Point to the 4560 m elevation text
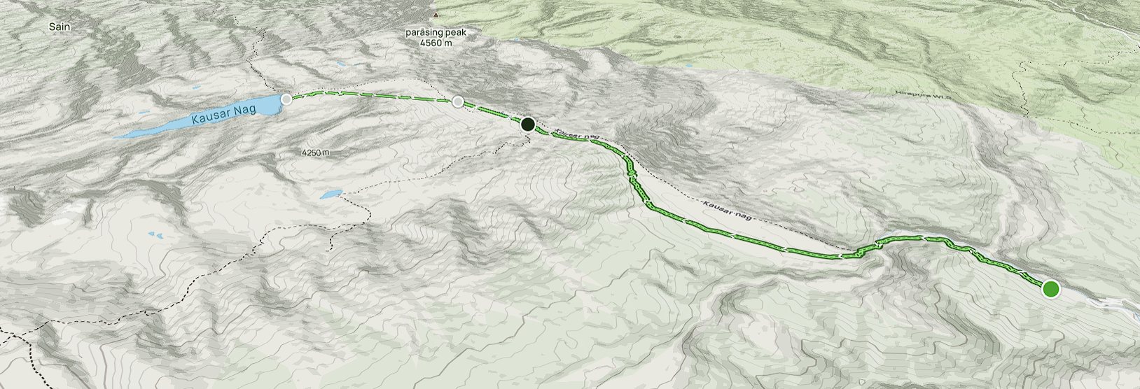pyautogui.click(x=436, y=43)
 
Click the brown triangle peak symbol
pyautogui.click(x=436, y=14)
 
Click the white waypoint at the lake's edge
pyautogui.click(x=286, y=99)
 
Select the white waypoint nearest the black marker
pyautogui.click(x=458, y=102)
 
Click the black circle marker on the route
pyautogui.click(x=528, y=125)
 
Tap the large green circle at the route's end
pyautogui.click(x=1050, y=288)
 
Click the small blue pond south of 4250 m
pyautogui.click(x=331, y=194)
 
